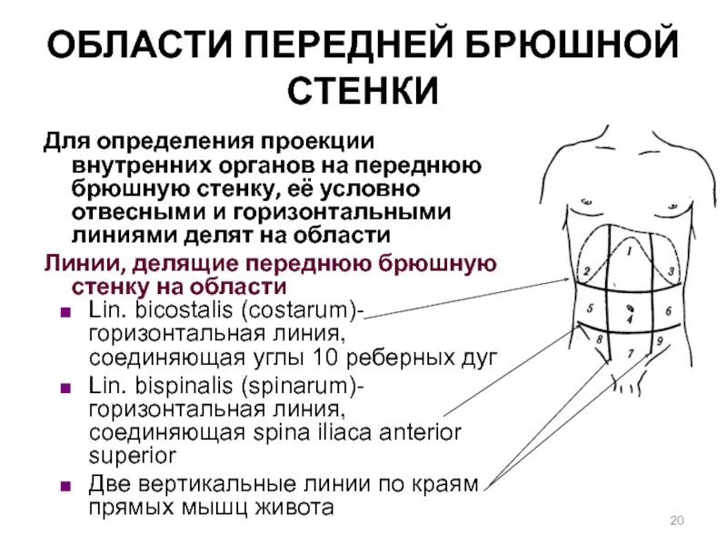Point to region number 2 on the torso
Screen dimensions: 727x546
coord(587,271)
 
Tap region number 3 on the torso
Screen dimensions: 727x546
coord(671,271)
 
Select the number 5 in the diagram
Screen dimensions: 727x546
coord(592,308)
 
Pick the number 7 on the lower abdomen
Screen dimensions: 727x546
coord(631,351)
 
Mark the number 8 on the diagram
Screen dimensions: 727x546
coord(599,340)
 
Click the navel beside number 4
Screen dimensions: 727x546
coord(630,309)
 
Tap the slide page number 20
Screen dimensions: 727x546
coord(675,520)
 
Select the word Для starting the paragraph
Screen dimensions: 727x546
coord(65,146)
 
